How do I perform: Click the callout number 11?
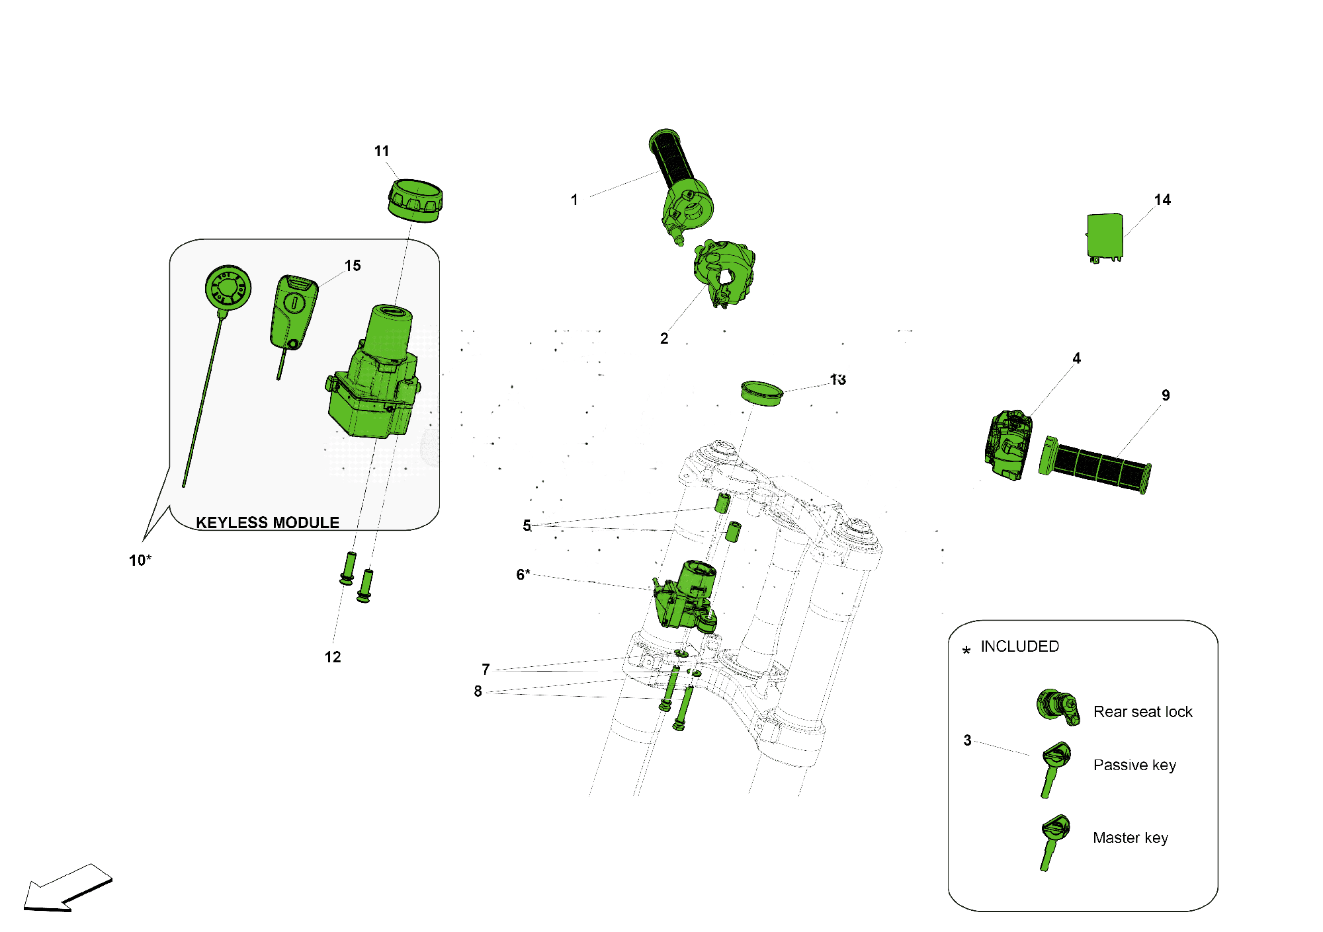click(x=382, y=151)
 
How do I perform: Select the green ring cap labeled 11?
click(x=415, y=200)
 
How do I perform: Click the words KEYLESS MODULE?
click(x=267, y=523)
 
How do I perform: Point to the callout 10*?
click(x=140, y=561)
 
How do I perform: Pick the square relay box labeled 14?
click(x=1105, y=237)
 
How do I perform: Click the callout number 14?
click(x=1162, y=200)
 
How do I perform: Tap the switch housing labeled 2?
click(x=724, y=272)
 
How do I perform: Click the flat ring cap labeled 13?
click(x=761, y=393)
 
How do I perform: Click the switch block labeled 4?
click(x=1007, y=445)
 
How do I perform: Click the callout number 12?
click(x=333, y=657)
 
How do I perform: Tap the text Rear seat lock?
click(x=1142, y=712)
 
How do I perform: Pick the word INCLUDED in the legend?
click(x=1019, y=646)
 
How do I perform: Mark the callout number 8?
click(x=478, y=691)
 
